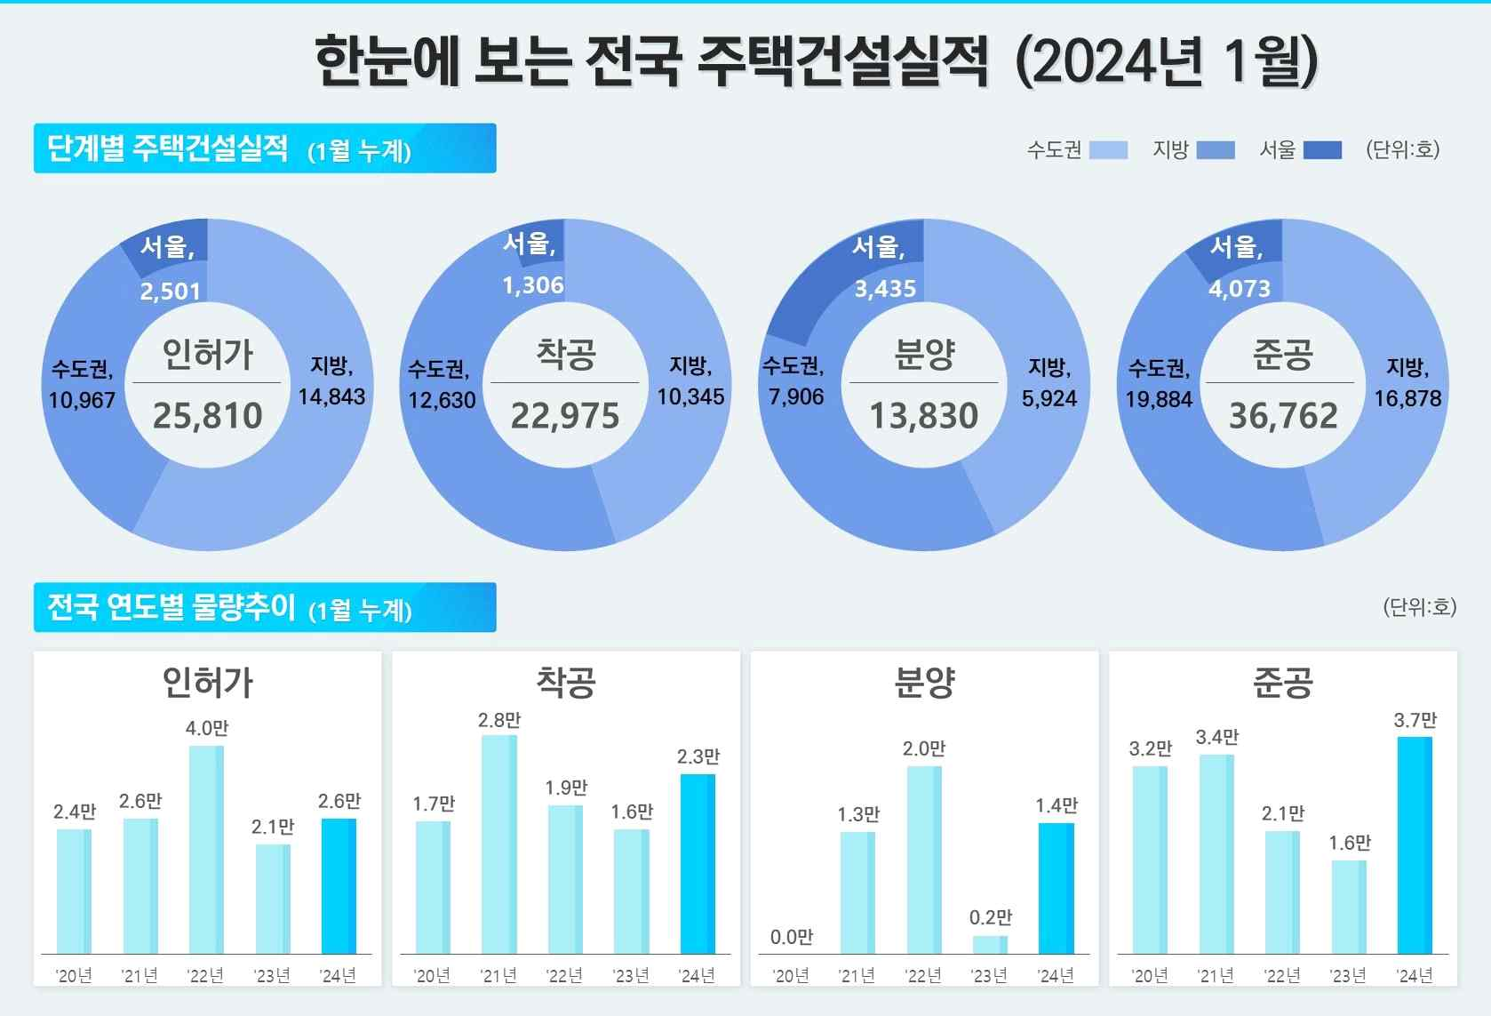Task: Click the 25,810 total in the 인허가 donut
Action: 207,416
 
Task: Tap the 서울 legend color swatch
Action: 1322,150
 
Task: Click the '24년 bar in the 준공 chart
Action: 1415,844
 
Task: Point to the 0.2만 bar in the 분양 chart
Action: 990,944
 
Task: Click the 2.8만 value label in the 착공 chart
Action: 499,720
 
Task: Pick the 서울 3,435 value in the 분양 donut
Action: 885,289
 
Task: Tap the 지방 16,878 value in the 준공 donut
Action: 1407,398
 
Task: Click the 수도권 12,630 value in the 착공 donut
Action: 442,400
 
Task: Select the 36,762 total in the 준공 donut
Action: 1283,416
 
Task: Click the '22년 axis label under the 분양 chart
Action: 923,976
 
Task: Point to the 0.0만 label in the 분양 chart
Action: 791,937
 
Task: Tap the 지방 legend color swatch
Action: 1216,150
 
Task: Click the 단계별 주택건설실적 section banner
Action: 264,148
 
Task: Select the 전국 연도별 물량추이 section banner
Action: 264,608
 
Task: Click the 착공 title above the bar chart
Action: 566,683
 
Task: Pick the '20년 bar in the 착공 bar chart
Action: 433,887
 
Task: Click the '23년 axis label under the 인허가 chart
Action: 272,976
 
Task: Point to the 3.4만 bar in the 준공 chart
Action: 1216,853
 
